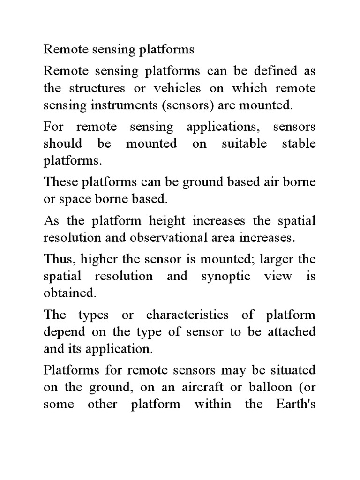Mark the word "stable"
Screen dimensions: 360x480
(299, 143)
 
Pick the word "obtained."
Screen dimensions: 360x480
(70, 293)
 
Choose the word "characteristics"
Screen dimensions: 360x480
(187, 314)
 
